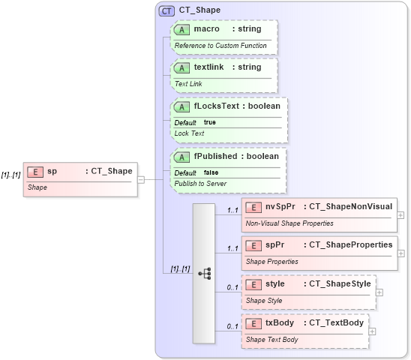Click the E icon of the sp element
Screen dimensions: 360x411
(34, 171)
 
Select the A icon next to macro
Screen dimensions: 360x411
(181, 29)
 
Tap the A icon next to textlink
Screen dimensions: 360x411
(181, 67)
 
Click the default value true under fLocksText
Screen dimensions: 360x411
(209, 121)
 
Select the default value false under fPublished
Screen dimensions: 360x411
(211, 172)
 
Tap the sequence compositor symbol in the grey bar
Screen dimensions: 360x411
(204, 274)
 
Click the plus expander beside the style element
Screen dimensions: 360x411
(379, 292)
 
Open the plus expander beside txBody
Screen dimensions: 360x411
(372, 331)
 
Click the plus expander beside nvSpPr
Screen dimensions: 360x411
(400, 215)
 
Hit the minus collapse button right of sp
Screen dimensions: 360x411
(141, 179)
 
